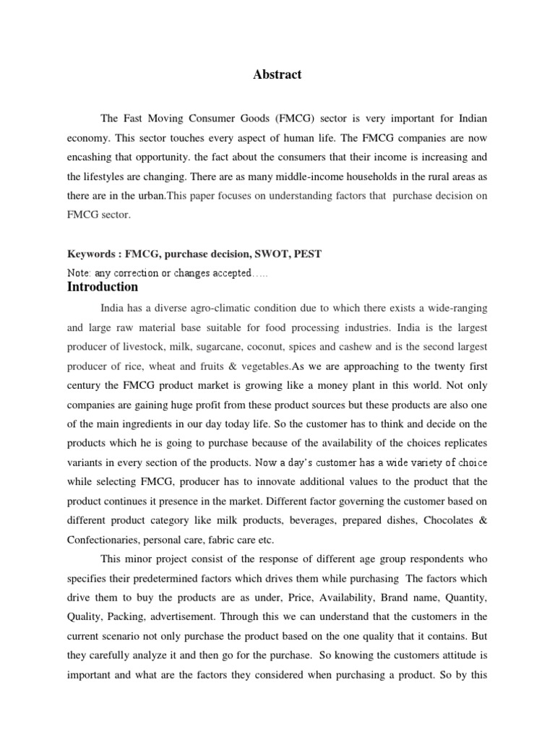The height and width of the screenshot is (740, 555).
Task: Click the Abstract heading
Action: coord(277,74)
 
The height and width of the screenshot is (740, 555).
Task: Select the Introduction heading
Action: coord(102,287)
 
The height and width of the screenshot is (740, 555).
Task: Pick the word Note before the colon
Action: coord(78,273)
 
